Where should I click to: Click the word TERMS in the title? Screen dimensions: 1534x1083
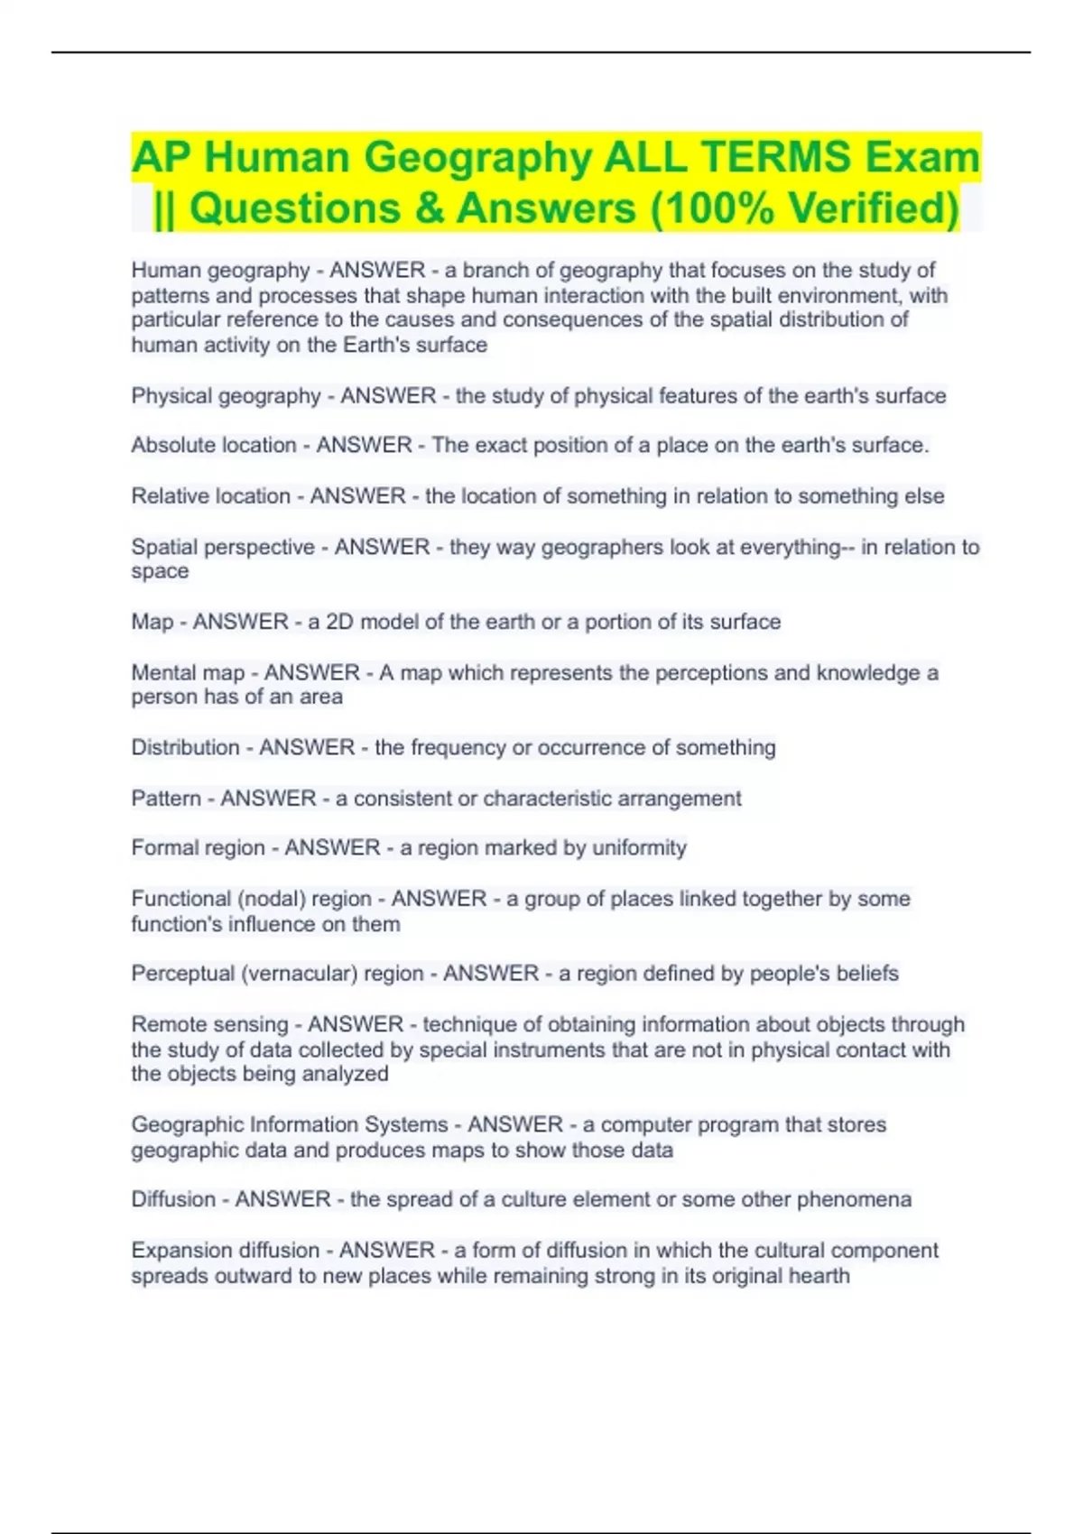pyautogui.click(x=774, y=157)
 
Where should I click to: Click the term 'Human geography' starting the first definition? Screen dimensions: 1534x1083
pyautogui.click(x=220, y=270)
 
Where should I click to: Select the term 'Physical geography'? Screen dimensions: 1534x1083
pyautogui.click(x=226, y=395)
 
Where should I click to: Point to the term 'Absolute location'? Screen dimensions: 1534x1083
pyautogui.click(x=213, y=445)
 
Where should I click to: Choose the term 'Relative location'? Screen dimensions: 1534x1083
pyautogui.click(x=210, y=495)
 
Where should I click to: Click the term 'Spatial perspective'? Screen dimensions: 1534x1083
pyautogui.click(x=223, y=547)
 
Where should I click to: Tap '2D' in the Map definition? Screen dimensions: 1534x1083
pyautogui.click(x=339, y=622)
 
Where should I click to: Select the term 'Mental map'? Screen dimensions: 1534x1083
pyautogui.click(x=188, y=672)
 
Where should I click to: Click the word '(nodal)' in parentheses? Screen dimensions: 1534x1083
pyautogui.click(x=270, y=899)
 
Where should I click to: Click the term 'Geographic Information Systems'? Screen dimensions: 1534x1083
pyautogui.click(x=290, y=1124)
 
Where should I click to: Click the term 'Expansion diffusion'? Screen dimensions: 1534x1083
pyautogui.click(x=226, y=1250)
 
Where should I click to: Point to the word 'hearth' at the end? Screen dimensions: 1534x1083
pyautogui.click(x=819, y=1276)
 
